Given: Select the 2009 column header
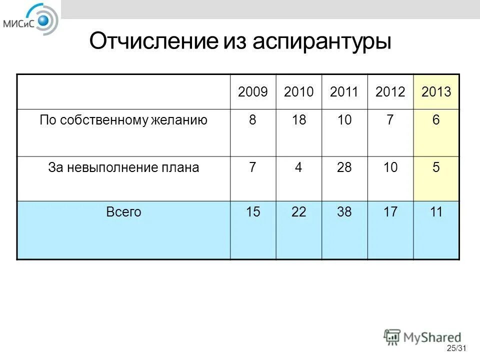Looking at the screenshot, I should click(x=253, y=92).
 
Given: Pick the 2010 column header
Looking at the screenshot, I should click(x=298, y=92).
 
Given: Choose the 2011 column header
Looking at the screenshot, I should click(x=344, y=92).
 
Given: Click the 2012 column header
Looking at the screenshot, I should click(x=390, y=92).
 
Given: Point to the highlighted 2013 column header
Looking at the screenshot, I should click(x=436, y=92).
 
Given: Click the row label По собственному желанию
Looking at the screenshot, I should click(x=123, y=120).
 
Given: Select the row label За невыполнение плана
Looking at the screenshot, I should click(x=123, y=167).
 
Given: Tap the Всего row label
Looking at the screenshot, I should click(x=123, y=212).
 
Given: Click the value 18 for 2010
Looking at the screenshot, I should click(x=298, y=120).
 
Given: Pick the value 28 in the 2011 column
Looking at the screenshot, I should click(x=344, y=167).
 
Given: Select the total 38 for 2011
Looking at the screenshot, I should click(x=344, y=212).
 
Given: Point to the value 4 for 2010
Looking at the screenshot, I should click(x=298, y=167).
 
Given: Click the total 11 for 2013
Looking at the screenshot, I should click(x=436, y=212).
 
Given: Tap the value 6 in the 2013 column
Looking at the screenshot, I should click(x=436, y=120).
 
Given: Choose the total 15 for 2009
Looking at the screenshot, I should click(x=253, y=212).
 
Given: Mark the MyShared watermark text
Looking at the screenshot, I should click(x=433, y=337).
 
